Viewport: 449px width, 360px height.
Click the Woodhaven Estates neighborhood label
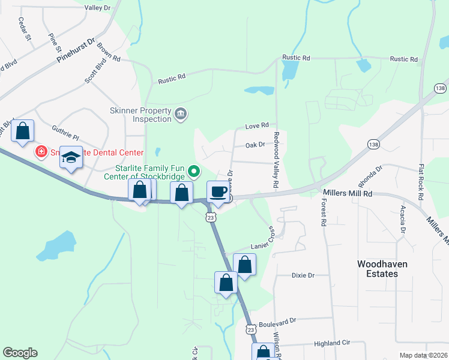pos(377,268)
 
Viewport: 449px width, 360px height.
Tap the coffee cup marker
pos(218,192)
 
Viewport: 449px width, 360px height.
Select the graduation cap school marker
pos(71,158)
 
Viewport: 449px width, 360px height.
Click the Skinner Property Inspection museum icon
pos(180,114)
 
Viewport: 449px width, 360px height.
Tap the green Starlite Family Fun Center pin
pos(194,172)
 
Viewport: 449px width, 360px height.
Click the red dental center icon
pos(41,152)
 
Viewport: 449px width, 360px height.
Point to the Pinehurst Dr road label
pos(76,52)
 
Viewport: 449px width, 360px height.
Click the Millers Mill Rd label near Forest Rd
pos(348,193)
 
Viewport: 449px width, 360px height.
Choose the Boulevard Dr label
pos(277,321)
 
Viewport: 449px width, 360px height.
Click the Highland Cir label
pos(332,344)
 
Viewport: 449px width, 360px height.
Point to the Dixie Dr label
pos(303,275)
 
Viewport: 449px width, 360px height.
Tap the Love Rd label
pos(256,127)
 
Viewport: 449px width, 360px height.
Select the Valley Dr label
pos(98,8)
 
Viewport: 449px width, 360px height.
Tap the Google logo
pos(20,353)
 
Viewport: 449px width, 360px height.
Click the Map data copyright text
pos(423,355)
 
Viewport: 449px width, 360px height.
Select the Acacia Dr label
pos(402,220)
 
